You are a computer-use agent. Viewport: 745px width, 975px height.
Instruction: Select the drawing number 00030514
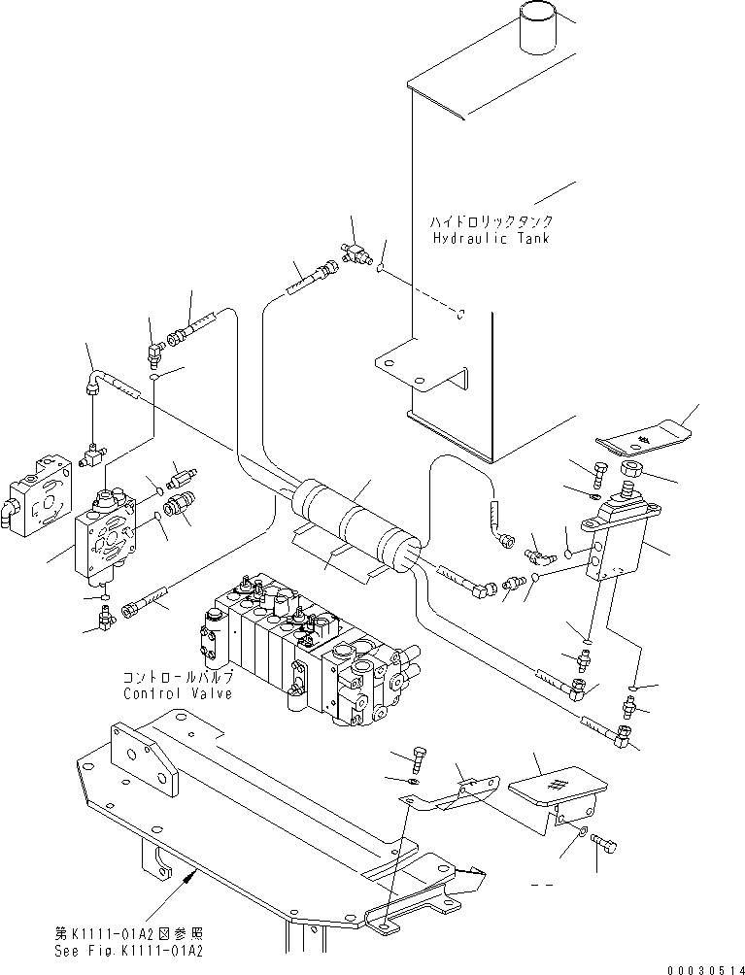coord(705,968)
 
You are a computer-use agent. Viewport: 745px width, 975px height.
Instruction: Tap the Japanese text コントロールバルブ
coord(177,678)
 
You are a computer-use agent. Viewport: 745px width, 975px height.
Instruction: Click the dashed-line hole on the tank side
coord(462,314)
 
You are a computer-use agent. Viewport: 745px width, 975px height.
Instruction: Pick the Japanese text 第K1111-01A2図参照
coord(130,933)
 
